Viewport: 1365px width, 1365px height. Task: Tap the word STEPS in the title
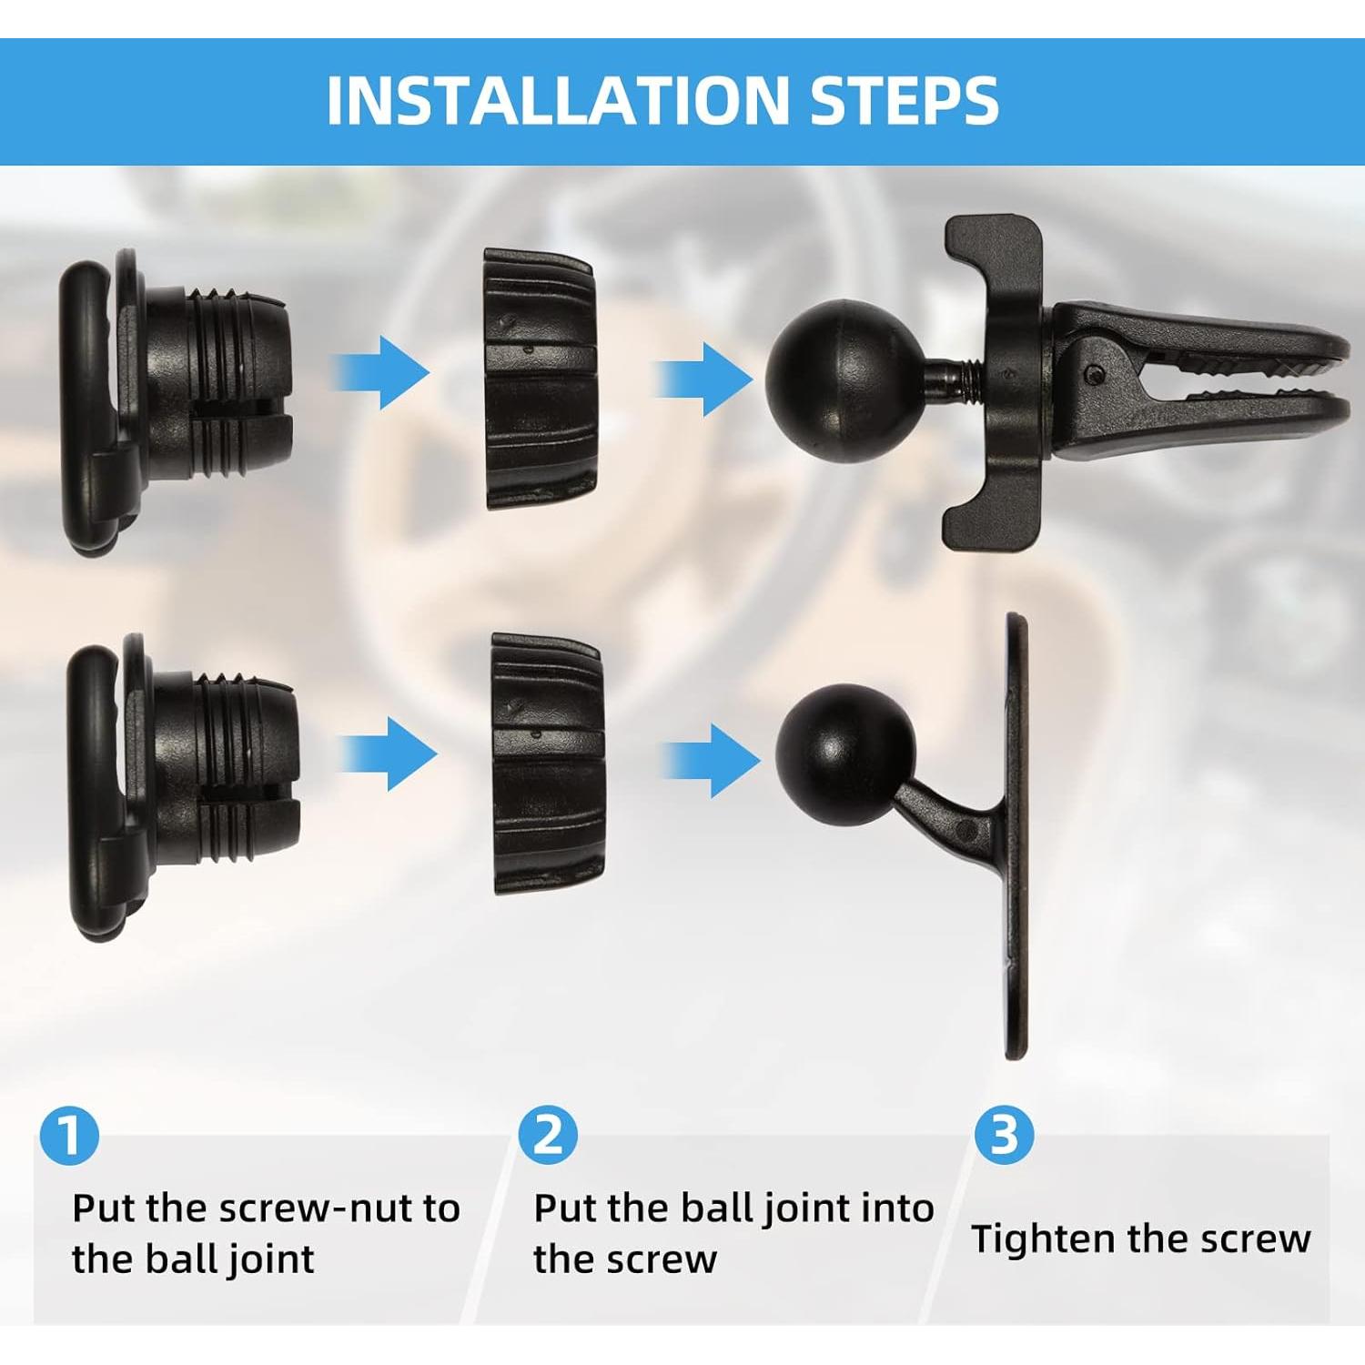point(905,100)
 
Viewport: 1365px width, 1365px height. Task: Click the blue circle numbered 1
point(69,1136)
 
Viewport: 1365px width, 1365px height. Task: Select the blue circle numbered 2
point(548,1136)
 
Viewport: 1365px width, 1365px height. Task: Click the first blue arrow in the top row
point(379,371)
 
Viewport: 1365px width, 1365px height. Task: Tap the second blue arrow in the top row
point(703,377)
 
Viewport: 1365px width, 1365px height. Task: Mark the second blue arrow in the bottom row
point(710,758)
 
